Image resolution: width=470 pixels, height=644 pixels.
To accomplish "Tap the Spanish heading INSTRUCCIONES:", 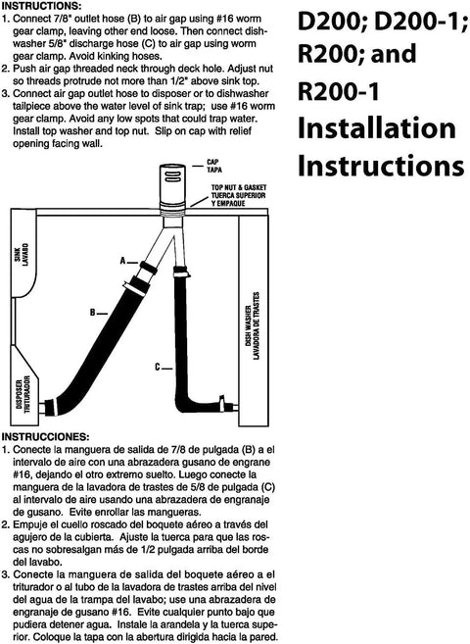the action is [45, 436].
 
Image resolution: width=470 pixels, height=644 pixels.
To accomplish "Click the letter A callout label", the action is [122, 261].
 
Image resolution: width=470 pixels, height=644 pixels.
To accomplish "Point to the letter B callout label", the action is [93, 313].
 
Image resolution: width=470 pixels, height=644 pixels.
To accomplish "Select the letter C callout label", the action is [158, 368].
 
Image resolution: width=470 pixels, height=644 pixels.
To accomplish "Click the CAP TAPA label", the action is [214, 166].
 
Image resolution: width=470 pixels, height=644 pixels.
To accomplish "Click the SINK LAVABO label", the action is [25, 255].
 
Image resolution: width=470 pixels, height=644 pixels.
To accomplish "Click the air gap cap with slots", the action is [172, 182].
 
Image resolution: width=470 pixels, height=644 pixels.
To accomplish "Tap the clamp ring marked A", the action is [149, 268].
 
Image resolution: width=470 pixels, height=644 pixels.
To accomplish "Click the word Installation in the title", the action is [377, 127].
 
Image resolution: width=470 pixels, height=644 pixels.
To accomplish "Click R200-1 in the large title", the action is [339, 91].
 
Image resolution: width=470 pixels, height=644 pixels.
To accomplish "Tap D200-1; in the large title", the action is [421, 24].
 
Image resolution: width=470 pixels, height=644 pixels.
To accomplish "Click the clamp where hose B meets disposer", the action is [50, 407].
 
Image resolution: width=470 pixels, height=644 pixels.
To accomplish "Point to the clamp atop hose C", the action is [180, 272].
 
